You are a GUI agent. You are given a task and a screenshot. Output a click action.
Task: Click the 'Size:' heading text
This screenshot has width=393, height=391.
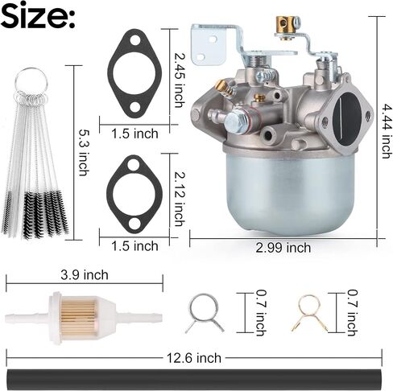[x=38, y=15]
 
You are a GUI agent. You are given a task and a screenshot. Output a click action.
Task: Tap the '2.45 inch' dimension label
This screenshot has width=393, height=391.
[x=180, y=80]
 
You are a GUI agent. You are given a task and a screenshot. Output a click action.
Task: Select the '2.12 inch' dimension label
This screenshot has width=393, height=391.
[x=180, y=199]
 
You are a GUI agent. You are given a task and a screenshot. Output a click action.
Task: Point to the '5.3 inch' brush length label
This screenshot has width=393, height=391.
[x=84, y=152]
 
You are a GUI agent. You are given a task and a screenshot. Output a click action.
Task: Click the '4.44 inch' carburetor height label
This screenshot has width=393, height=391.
[x=386, y=131]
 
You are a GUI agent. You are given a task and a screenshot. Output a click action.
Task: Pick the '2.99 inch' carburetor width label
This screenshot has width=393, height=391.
[x=283, y=248]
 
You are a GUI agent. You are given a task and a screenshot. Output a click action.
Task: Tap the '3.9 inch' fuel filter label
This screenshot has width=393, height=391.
[x=85, y=275]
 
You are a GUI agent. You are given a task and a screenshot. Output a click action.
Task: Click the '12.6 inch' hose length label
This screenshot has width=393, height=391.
[x=194, y=358]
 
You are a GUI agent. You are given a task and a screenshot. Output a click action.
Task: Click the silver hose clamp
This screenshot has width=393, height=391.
[x=205, y=313]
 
